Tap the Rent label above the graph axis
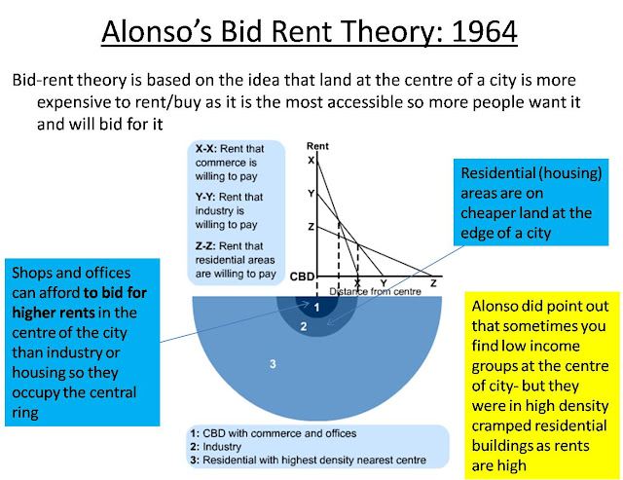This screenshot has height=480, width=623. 317,146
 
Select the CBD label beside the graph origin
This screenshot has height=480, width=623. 302,277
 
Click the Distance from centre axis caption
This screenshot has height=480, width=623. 375,292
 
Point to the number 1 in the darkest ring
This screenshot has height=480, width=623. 316,307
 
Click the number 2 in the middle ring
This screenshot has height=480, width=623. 304,326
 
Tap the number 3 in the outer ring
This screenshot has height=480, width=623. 273,363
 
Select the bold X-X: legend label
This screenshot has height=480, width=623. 205,149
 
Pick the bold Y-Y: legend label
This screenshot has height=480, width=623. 205,197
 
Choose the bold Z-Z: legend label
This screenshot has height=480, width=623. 205,246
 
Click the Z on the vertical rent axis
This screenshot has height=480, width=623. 311,227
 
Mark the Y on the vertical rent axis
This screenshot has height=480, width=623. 311,193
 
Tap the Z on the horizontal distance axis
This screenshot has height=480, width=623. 433,283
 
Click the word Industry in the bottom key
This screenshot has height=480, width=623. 222,447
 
